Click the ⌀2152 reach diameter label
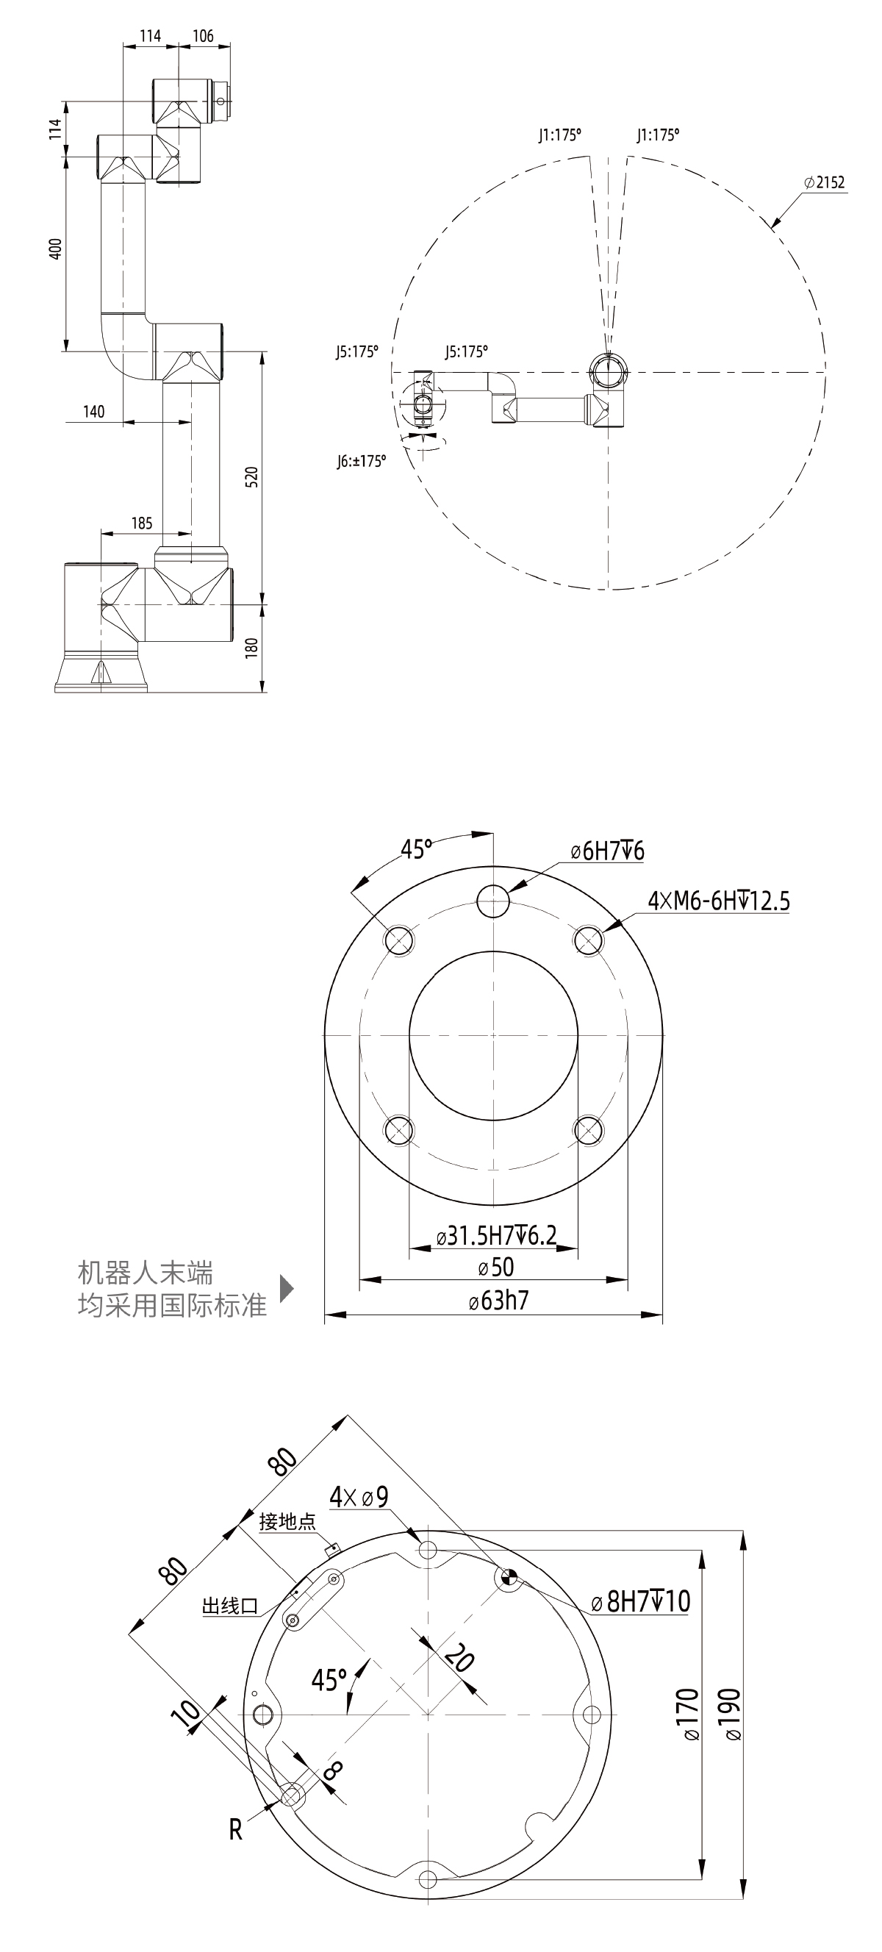tap(825, 182)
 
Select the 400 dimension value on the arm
tap(55, 249)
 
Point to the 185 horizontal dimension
tap(142, 523)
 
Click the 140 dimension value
tap(93, 412)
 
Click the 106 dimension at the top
tap(203, 35)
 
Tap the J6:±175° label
tap(362, 462)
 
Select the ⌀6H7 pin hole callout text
tap(608, 851)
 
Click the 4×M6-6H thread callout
tap(718, 901)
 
